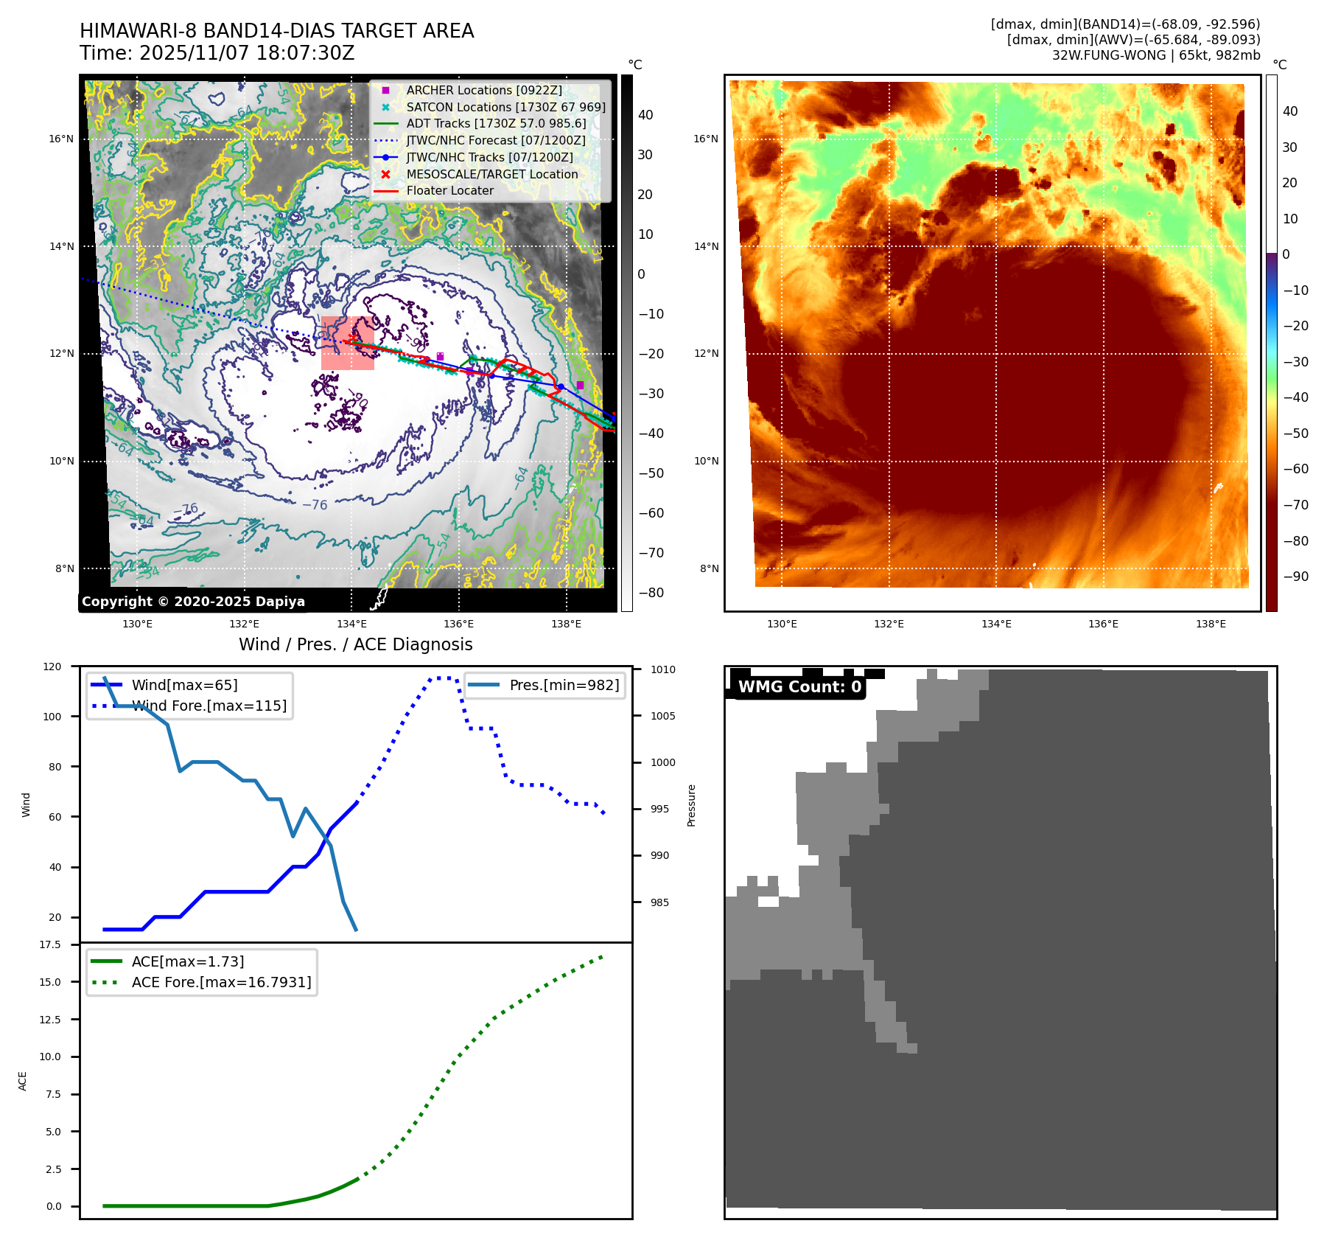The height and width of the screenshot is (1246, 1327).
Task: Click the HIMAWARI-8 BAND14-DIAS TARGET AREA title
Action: coord(276,31)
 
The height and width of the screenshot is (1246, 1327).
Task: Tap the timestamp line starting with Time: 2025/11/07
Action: coord(217,53)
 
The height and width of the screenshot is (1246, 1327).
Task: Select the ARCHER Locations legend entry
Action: coord(483,90)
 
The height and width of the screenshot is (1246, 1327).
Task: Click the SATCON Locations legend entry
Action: coord(505,107)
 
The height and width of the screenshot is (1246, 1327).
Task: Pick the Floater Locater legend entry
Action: coord(449,190)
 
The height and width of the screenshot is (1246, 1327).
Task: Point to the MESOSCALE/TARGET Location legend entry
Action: coord(491,174)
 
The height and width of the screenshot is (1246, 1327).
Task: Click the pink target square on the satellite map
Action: coord(348,343)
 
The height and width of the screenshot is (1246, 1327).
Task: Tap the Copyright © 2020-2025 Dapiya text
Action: coord(193,601)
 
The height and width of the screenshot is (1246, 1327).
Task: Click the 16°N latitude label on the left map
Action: coord(62,139)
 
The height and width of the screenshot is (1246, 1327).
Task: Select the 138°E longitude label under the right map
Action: coord(1211,624)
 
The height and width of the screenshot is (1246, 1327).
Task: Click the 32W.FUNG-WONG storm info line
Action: coord(1155,55)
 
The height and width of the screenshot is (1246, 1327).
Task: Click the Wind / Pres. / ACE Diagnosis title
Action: coord(356,644)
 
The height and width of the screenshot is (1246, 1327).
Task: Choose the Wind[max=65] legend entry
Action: coord(184,685)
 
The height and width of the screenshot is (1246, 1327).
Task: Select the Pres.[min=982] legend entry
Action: coord(564,685)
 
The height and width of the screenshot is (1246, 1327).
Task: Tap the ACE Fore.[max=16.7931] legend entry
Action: coord(221,982)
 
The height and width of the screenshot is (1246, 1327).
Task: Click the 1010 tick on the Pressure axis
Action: coord(662,669)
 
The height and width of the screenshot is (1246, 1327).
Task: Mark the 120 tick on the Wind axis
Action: coord(52,666)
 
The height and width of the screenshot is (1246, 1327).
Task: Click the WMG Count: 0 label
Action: coord(799,687)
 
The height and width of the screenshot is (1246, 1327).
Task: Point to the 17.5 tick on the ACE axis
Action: coord(50,944)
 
